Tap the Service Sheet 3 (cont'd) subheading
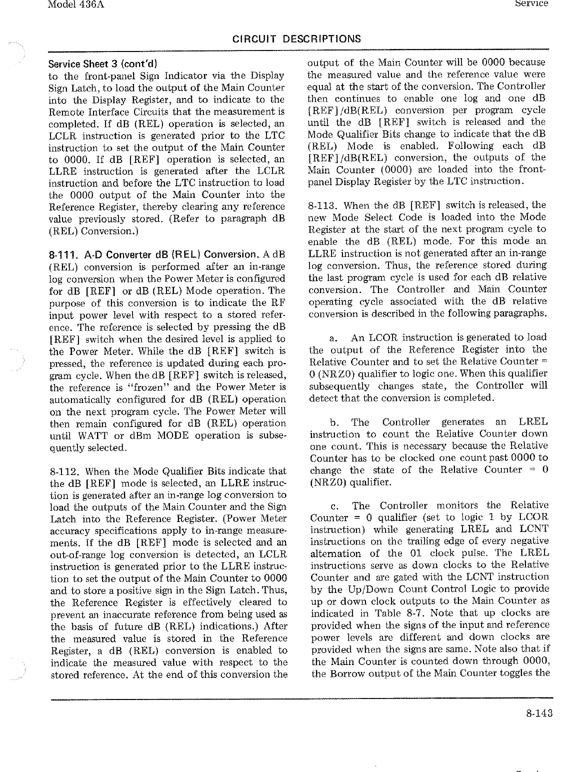(x=102, y=64)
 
